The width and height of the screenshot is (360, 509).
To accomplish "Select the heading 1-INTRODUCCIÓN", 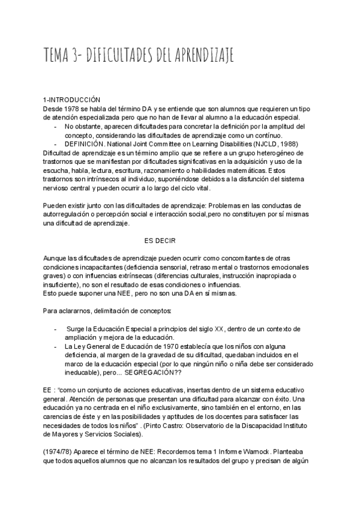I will point(71,99).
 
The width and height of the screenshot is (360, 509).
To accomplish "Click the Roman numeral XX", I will point(221,330).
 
